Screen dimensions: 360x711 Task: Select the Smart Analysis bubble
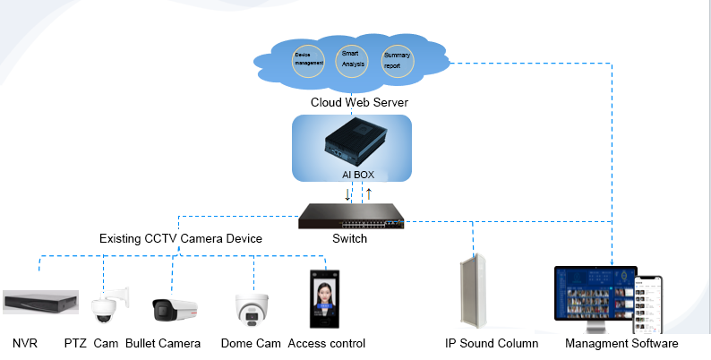[351, 59]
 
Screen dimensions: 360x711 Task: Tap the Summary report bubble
[398, 61]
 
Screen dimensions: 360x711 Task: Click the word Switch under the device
[349, 239]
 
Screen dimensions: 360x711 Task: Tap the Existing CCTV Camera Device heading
[181, 239]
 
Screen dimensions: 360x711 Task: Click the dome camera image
[250, 307]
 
